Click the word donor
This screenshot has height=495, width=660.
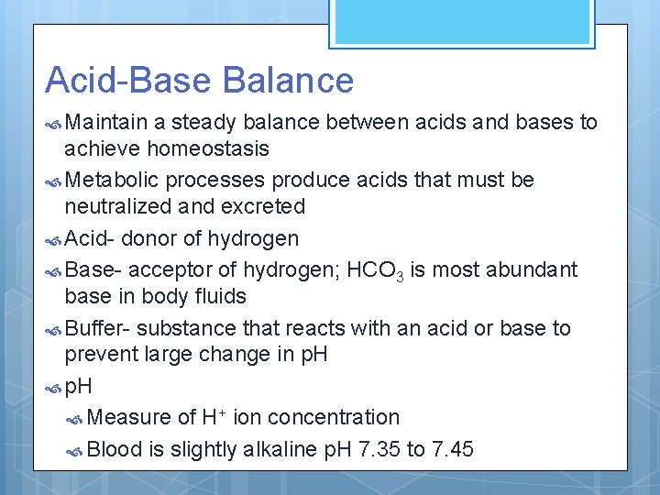coord(148,238)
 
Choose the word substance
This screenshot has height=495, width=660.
coord(192,328)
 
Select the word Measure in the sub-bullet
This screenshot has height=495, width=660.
coord(130,417)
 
